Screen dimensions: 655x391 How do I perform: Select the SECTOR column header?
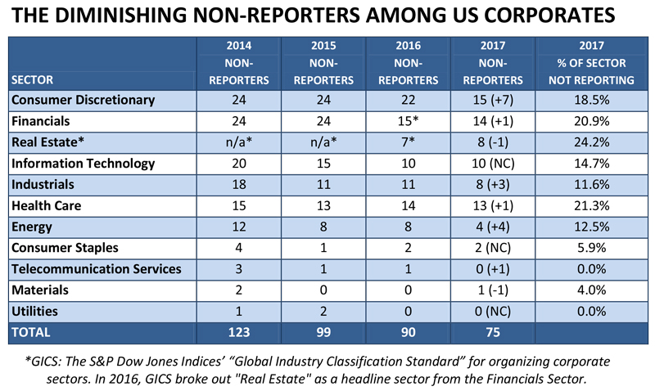[32, 79]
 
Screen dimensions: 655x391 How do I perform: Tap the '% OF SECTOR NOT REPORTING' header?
[591, 71]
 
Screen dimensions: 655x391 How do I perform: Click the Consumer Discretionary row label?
[84, 100]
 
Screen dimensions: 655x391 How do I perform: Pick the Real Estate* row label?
[47, 142]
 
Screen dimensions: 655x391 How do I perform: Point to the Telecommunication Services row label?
[97, 269]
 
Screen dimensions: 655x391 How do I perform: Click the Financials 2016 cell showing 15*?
[408, 121]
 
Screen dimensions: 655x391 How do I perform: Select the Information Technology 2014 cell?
[238, 163]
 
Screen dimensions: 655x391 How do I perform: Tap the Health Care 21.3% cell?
[591, 205]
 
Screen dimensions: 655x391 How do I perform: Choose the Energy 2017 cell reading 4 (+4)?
[493, 227]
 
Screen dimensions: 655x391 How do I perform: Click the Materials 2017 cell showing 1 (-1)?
[493, 290]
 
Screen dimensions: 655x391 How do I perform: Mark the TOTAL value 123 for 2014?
[238, 332]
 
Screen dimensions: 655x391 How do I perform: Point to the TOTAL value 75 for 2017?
[493, 332]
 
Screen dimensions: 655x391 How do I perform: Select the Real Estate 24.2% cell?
[591, 142]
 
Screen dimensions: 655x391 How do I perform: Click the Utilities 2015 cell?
[323, 312]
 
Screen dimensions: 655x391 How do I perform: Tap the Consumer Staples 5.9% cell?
[591, 248]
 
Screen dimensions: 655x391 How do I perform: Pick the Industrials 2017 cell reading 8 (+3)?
[493, 184]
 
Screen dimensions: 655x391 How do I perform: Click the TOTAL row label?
[31, 332]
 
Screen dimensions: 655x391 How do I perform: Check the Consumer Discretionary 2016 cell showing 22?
[408, 100]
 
